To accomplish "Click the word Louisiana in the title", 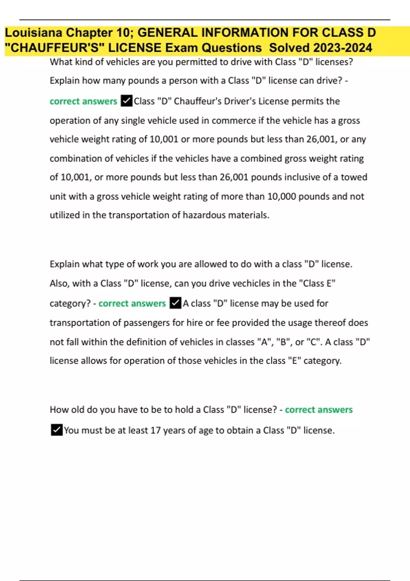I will (33, 33).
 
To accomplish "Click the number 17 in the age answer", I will (155, 430).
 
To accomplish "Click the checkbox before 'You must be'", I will (57, 430).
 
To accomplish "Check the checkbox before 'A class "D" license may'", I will (175, 303).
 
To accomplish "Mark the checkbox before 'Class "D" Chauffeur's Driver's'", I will (126, 101).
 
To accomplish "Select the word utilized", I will (65, 215).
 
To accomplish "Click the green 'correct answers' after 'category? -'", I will (132, 303).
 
